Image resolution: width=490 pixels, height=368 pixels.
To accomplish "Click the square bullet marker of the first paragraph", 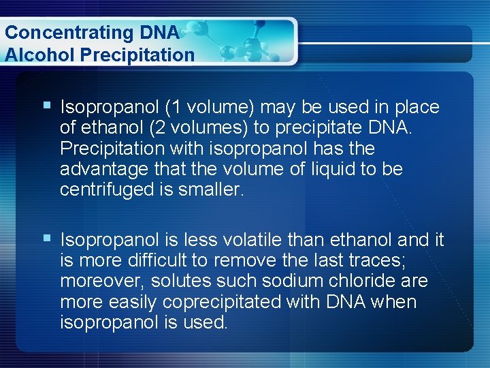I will [46, 106].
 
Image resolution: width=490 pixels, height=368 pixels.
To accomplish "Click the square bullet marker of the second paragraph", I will [46, 238].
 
